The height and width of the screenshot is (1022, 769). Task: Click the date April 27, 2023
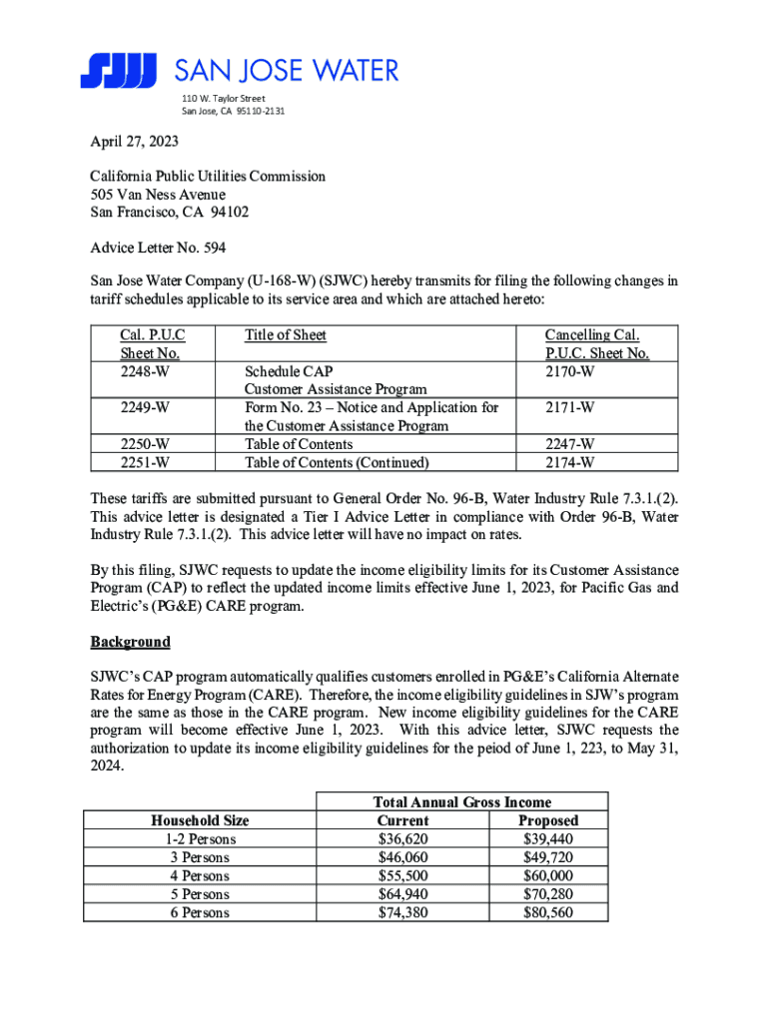click(134, 143)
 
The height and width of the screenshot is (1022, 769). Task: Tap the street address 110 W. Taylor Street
click(223, 98)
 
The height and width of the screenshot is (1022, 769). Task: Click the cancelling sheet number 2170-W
click(570, 371)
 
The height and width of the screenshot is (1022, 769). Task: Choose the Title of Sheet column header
click(286, 335)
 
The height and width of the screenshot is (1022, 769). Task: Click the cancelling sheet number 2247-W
click(570, 443)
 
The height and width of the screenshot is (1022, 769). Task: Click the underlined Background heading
click(130, 641)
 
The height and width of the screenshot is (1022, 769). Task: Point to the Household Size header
click(199, 820)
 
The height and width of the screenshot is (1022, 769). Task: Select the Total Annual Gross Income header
click(461, 801)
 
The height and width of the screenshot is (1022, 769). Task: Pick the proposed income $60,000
click(548, 875)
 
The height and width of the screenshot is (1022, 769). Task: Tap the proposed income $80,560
click(548, 912)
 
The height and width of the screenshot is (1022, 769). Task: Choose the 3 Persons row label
click(199, 857)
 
